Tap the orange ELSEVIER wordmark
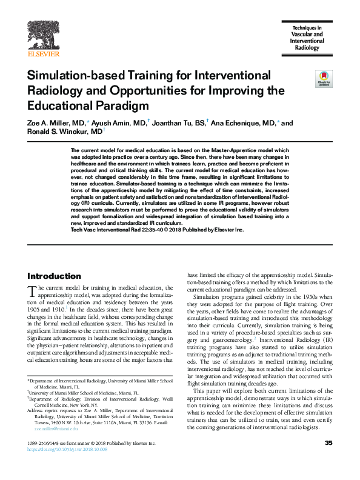click(x=43, y=53)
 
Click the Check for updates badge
click(x=322, y=78)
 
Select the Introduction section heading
click(x=54, y=276)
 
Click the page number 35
click(x=328, y=461)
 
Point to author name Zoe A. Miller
click(x=50, y=123)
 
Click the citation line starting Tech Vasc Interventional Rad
click(x=158, y=230)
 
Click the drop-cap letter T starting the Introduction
click(x=33, y=292)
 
